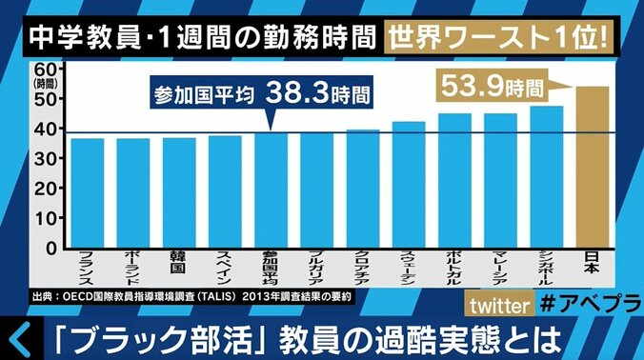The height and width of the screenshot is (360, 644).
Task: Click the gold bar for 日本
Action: pyautogui.click(x=592, y=167)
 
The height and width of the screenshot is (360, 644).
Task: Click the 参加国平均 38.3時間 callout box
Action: pyautogui.click(x=260, y=95)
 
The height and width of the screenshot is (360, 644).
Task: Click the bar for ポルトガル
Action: pyautogui.click(x=454, y=180)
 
